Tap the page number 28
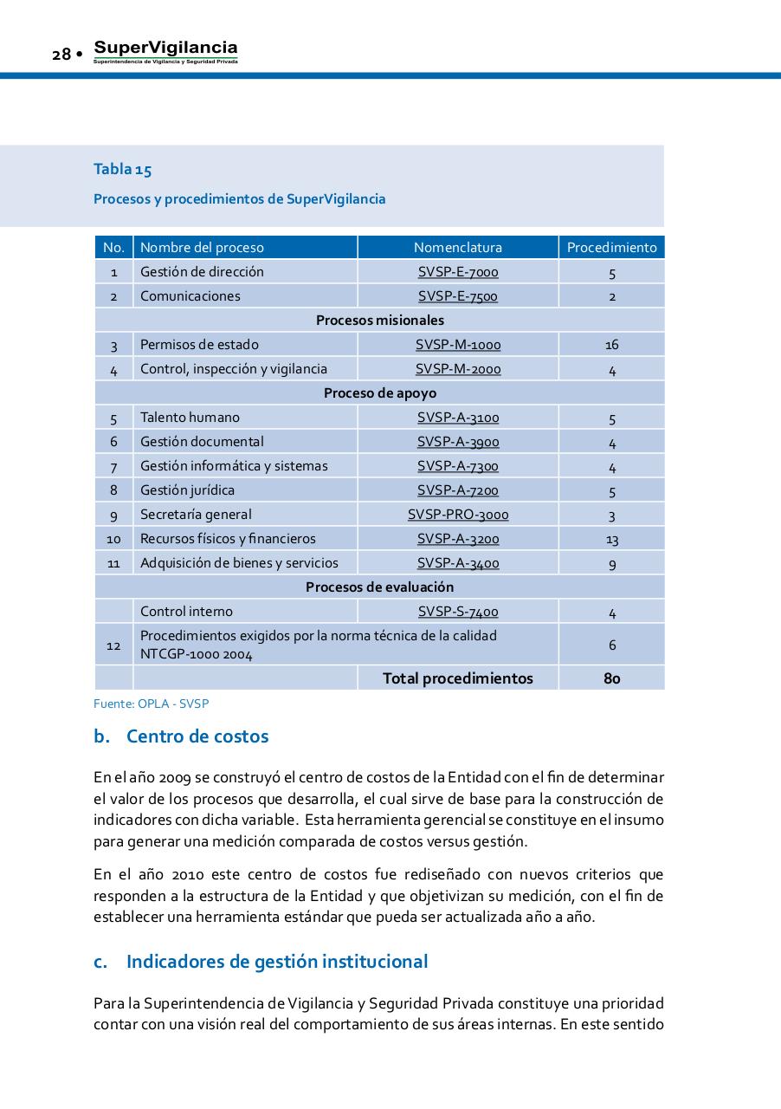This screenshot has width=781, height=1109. (x=61, y=55)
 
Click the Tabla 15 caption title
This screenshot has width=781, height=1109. (x=122, y=170)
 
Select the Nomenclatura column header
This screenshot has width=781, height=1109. (x=457, y=247)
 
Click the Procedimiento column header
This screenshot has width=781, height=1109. (x=611, y=247)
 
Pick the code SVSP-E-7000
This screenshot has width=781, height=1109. (x=457, y=272)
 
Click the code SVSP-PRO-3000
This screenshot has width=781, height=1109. (x=457, y=515)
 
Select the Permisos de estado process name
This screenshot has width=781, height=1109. (x=199, y=345)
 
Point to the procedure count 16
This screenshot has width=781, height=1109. (x=611, y=345)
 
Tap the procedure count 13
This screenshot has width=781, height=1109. (x=611, y=539)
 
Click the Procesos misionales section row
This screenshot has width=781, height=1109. (x=379, y=321)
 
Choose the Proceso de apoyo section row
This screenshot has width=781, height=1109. (x=379, y=393)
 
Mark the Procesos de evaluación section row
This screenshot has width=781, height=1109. (x=379, y=587)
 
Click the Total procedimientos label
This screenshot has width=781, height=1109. (x=457, y=678)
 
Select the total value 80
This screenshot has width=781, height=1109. (x=611, y=678)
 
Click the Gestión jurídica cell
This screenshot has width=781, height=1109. (x=187, y=490)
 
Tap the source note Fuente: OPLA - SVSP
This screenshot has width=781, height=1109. (x=151, y=704)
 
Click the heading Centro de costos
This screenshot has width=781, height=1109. (x=197, y=736)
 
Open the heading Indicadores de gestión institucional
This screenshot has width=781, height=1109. (x=276, y=962)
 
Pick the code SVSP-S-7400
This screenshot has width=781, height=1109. (x=457, y=612)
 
